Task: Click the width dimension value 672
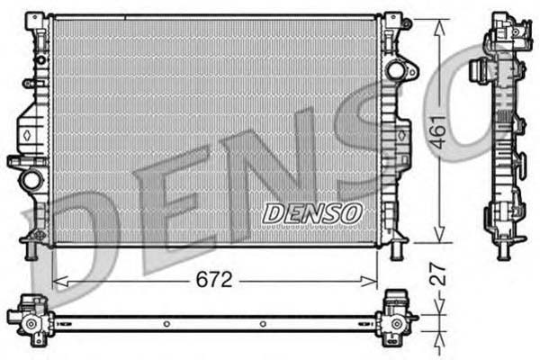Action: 214,280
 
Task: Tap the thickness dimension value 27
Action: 438,274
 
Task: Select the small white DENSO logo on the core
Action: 311,212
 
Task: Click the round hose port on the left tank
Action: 31,179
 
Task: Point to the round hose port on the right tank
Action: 395,69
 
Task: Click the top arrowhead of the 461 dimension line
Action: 438,22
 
